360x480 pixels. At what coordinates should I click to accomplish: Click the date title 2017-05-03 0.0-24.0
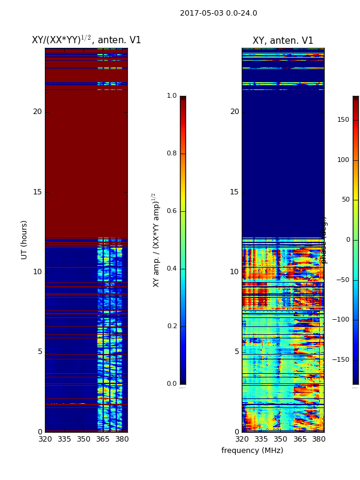pyautogui.click(x=218, y=13)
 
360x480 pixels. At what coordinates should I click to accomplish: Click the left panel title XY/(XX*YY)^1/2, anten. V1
pyautogui.click(x=86, y=40)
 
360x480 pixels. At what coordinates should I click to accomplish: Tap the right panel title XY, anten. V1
pyautogui.click(x=283, y=41)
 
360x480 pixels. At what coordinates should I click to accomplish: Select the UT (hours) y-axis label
pyautogui.click(x=25, y=239)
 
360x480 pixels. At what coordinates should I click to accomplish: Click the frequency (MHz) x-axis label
pyautogui.click(x=252, y=451)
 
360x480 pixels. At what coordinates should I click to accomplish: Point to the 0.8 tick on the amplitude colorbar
pyautogui.click(x=172, y=154)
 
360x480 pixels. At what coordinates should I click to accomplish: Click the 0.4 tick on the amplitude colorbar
pyautogui.click(x=172, y=269)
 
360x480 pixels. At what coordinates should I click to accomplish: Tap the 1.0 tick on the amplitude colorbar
pyautogui.click(x=172, y=96)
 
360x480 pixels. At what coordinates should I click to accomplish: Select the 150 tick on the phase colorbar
pyautogui.click(x=343, y=120)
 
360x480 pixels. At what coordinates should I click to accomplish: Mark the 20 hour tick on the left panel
pyautogui.click(x=37, y=112)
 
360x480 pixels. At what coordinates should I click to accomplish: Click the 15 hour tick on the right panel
pyautogui.click(x=234, y=192)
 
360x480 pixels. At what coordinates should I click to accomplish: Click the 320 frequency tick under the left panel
pyautogui.click(x=45, y=439)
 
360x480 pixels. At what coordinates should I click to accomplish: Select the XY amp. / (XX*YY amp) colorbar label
pyautogui.click(x=156, y=240)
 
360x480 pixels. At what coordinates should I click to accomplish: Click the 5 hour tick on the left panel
pyautogui.click(x=40, y=352)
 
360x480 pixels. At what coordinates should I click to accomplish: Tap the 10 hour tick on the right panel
pyautogui.click(x=234, y=272)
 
